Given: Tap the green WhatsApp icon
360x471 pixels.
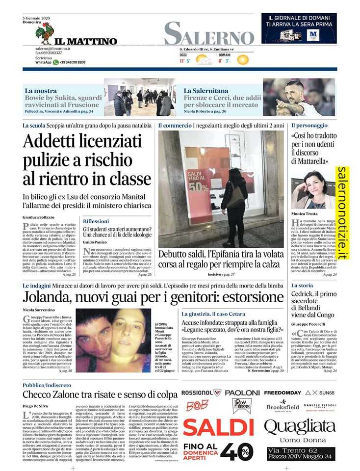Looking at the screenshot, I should [x=56, y=62].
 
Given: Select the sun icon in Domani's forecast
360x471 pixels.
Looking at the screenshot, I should [x=242, y=60].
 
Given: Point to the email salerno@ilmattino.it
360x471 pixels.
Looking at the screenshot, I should [x=52, y=49].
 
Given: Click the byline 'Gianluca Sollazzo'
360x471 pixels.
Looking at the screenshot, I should [x=39, y=217].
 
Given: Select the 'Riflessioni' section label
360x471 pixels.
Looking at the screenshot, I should [x=96, y=221].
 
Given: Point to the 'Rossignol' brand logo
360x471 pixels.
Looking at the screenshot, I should [x=201, y=392].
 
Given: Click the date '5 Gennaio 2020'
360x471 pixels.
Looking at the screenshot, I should [x=37, y=18].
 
